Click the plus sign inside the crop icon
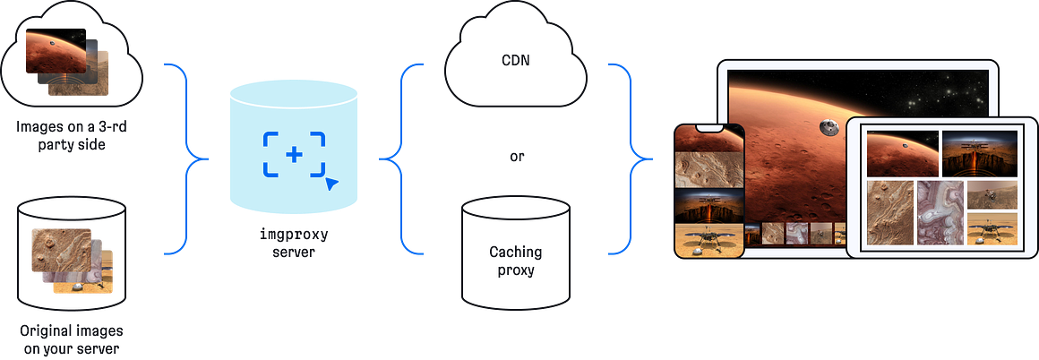294,154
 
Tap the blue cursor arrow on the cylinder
331,184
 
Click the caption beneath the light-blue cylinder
294,244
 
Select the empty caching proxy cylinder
515,251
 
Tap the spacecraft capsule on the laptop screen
829,128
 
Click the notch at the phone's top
708,129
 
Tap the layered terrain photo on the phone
708,170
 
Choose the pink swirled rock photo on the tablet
939,212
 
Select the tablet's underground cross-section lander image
980,153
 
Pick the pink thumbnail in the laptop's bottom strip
794,234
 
